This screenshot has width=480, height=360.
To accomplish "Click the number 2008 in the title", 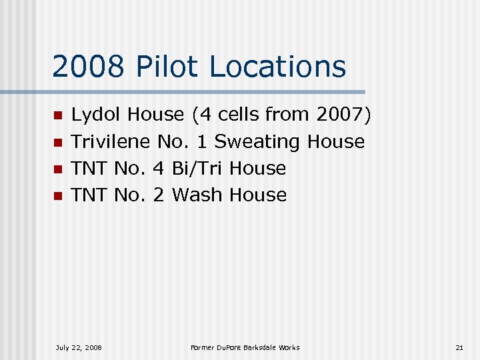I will pos(87,67).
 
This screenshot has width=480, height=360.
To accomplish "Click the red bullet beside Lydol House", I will pos(57,115).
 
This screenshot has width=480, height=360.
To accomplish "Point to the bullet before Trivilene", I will pos(57,142).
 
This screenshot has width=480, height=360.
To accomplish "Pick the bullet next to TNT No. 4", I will pos(57,169).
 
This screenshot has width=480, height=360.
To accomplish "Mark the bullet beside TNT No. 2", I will pos(57,195).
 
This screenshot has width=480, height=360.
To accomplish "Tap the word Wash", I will pos(197,195).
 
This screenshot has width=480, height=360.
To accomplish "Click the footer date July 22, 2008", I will pos(79,347).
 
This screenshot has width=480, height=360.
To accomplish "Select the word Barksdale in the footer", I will pos(261,347).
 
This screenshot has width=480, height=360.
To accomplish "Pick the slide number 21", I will pos(459,347).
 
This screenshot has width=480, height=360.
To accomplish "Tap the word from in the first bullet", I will pos(288,115).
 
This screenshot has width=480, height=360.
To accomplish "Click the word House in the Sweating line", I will pos(336,142).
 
